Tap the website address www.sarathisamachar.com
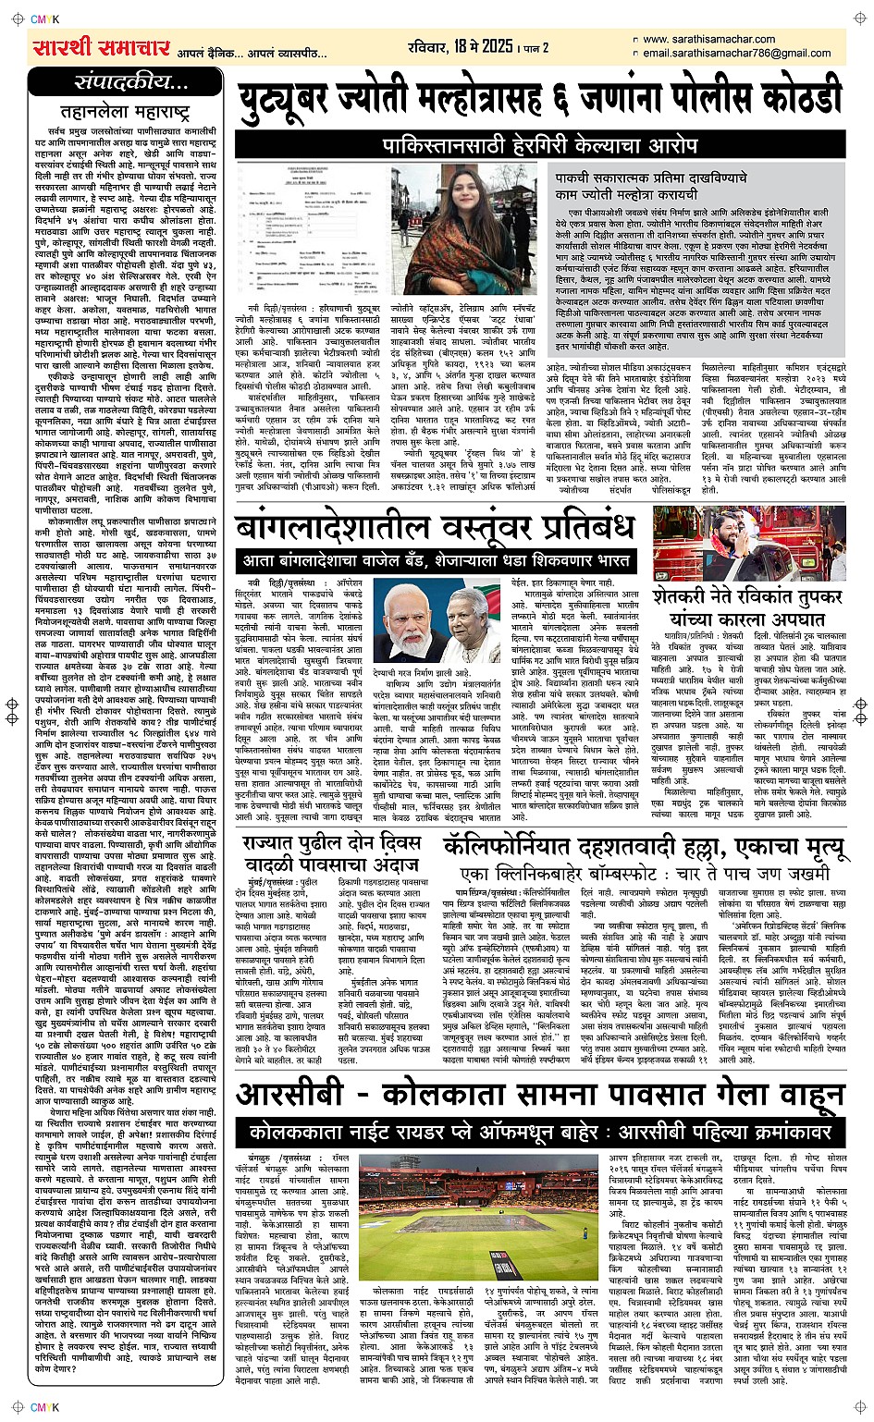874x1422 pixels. pos(708,39)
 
